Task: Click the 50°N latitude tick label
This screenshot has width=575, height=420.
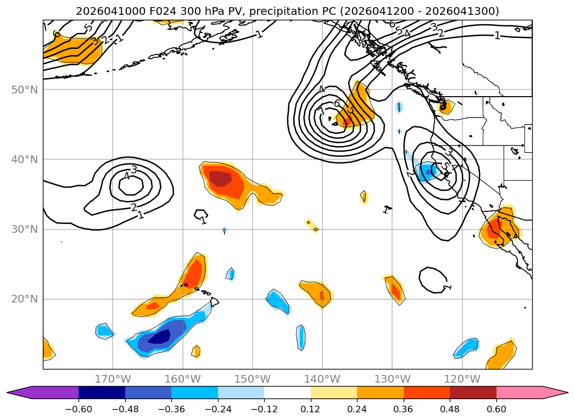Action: (25, 89)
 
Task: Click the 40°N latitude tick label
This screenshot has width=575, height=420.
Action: (25, 159)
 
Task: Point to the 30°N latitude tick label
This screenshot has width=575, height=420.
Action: (25, 229)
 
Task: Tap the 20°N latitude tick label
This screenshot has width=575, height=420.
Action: (25, 299)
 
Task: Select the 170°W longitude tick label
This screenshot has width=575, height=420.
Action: (113, 379)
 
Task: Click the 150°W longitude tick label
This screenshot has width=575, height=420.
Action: (252, 379)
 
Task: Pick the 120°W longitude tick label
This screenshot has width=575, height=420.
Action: (462, 379)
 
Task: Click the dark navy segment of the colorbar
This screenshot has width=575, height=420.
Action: (102, 393)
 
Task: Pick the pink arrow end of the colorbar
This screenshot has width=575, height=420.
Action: (555, 393)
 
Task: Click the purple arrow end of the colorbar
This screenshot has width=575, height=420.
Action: (22, 393)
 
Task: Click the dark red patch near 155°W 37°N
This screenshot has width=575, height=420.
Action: (221, 178)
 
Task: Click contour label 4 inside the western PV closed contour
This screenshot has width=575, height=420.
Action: (127, 177)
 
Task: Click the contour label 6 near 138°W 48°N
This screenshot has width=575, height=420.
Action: (337, 103)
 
